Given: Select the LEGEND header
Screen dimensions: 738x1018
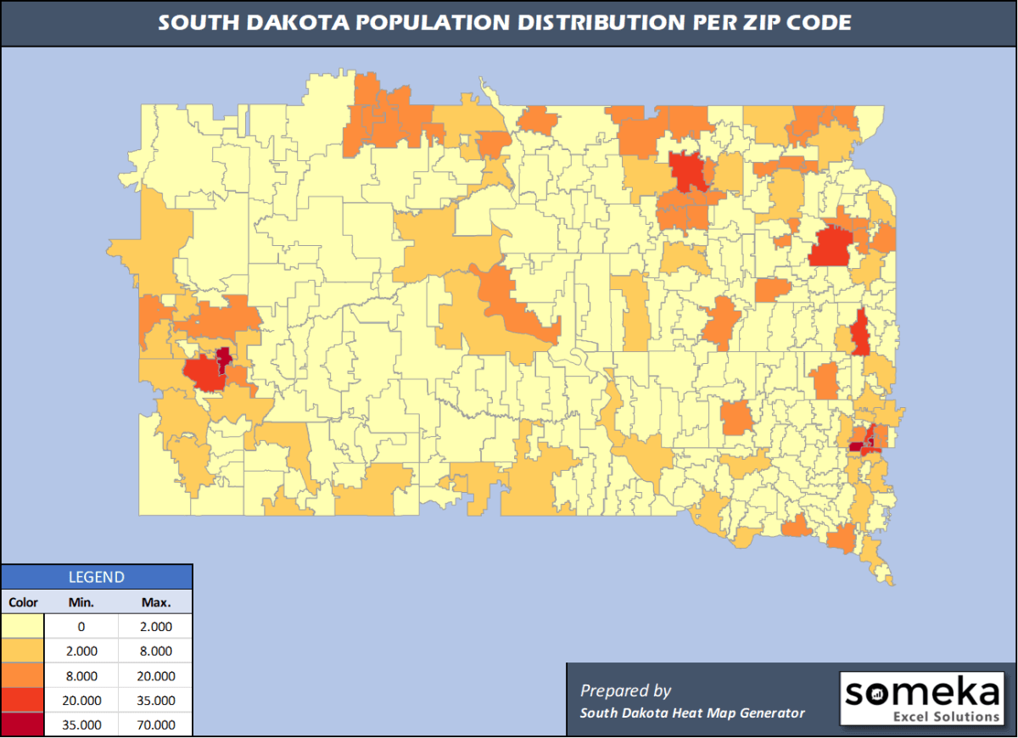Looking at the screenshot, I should point(96,578).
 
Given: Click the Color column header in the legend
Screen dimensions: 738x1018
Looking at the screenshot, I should point(24,603).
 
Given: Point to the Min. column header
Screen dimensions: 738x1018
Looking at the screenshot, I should point(81,603).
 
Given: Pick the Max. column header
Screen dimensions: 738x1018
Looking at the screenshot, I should point(156,603).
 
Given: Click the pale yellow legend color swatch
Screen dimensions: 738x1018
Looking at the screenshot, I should point(24,627).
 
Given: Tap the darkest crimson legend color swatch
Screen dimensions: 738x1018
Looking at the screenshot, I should point(24,725).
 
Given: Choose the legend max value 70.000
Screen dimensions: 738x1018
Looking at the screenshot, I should point(156,725).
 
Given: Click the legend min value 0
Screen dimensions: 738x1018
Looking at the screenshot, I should point(81,627).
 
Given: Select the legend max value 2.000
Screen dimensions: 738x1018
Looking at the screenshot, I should point(156,627).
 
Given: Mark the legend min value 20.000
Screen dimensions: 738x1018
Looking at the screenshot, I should point(81,701).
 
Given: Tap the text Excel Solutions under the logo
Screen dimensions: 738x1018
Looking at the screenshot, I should point(947,717).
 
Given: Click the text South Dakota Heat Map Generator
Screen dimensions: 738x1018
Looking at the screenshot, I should point(692,713).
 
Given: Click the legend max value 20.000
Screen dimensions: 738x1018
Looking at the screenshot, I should point(156,676).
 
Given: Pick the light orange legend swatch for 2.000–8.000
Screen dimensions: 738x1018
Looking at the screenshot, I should point(24,651).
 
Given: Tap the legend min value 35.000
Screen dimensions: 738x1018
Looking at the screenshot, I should point(81,725).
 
